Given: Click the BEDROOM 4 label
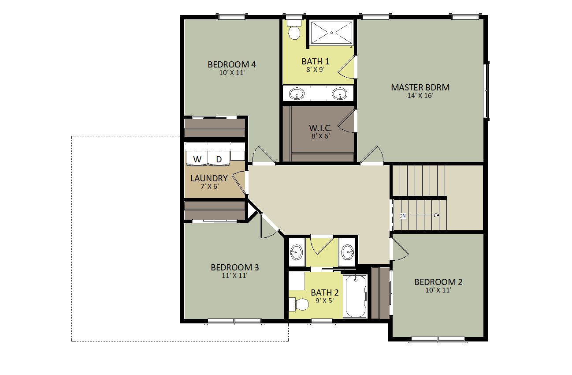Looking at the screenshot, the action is click(232, 64).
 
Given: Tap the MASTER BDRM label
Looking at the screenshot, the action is click(420, 87).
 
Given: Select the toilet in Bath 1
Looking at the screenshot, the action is click(294, 30).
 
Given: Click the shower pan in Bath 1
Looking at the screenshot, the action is click(331, 33).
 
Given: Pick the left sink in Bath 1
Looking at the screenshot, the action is click(297, 94).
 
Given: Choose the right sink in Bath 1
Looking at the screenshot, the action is click(339, 94).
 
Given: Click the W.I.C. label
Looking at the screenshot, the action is click(320, 127).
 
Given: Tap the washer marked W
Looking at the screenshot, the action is click(197, 158).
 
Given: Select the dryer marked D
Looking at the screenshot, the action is click(219, 158).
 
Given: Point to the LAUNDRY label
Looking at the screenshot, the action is click(209, 178).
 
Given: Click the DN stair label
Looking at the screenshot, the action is click(402, 216).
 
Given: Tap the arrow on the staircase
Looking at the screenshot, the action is click(425, 215).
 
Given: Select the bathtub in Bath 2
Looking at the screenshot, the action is click(355, 296).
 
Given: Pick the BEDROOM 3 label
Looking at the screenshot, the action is click(235, 267).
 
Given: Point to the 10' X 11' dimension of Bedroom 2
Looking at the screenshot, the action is click(438, 290).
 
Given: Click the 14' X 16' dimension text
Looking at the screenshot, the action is click(420, 96).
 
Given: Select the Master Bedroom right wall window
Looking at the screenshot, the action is click(486, 91).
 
